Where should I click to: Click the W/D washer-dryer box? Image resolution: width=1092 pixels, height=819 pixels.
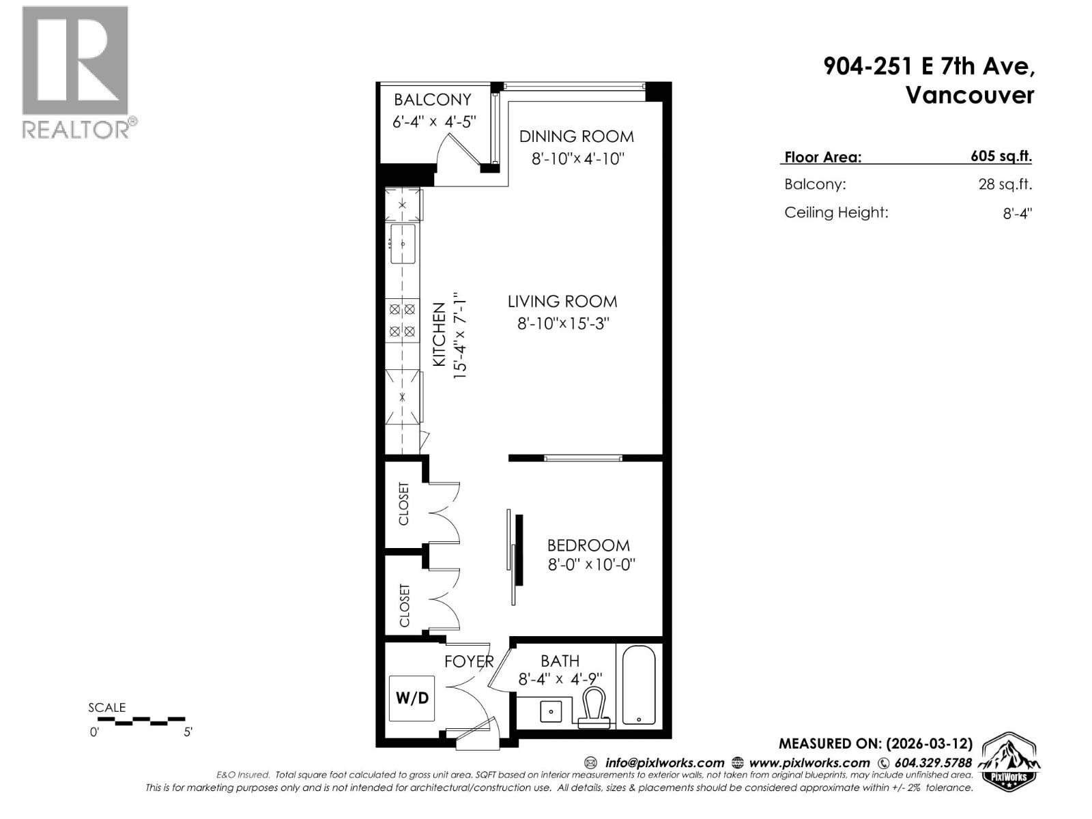click(412, 698)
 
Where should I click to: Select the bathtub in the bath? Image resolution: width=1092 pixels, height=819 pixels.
click(639, 685)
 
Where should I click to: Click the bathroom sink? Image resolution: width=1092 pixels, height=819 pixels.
click(551, 711)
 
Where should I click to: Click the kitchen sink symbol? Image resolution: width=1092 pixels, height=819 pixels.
click(403, 244)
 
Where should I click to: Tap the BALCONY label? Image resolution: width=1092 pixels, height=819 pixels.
click(433, 100)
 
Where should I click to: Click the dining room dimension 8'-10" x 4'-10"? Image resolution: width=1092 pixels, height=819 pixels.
click(578, 159)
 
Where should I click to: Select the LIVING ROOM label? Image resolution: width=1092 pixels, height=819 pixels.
click(562, 301)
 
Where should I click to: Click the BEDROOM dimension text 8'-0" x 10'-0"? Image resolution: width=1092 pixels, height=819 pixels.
click(592, 565)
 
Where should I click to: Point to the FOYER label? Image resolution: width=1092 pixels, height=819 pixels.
click(469, 661)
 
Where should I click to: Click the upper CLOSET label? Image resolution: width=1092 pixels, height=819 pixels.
click(404, 504)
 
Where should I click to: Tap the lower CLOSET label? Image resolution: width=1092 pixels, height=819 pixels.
click(405, 605)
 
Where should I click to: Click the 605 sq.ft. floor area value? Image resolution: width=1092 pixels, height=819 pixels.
click(1001, 156)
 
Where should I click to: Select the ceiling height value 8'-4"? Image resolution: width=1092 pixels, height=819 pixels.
click(1017, 213)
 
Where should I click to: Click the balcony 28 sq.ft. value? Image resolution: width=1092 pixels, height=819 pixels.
click(1005, 184)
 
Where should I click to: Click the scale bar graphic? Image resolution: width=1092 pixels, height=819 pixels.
click(136, 720)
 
